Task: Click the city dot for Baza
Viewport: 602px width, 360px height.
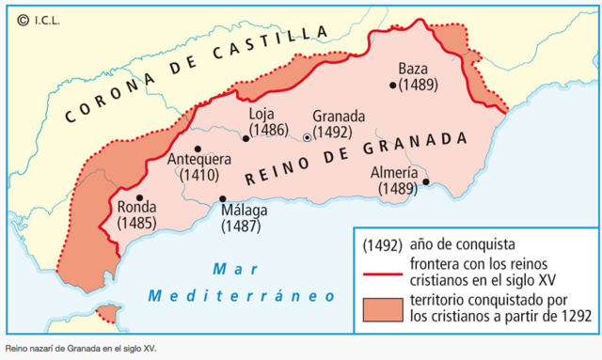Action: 392,85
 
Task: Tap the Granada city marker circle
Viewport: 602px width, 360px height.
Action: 307,138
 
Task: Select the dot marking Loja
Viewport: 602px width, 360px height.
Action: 246,138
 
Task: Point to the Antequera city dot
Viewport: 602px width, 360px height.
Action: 198,149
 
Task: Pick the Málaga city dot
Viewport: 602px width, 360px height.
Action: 223,198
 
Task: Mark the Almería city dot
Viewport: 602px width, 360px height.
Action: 426,182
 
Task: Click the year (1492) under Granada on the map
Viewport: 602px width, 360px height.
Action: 332,133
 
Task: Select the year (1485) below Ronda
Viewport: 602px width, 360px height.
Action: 138,224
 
